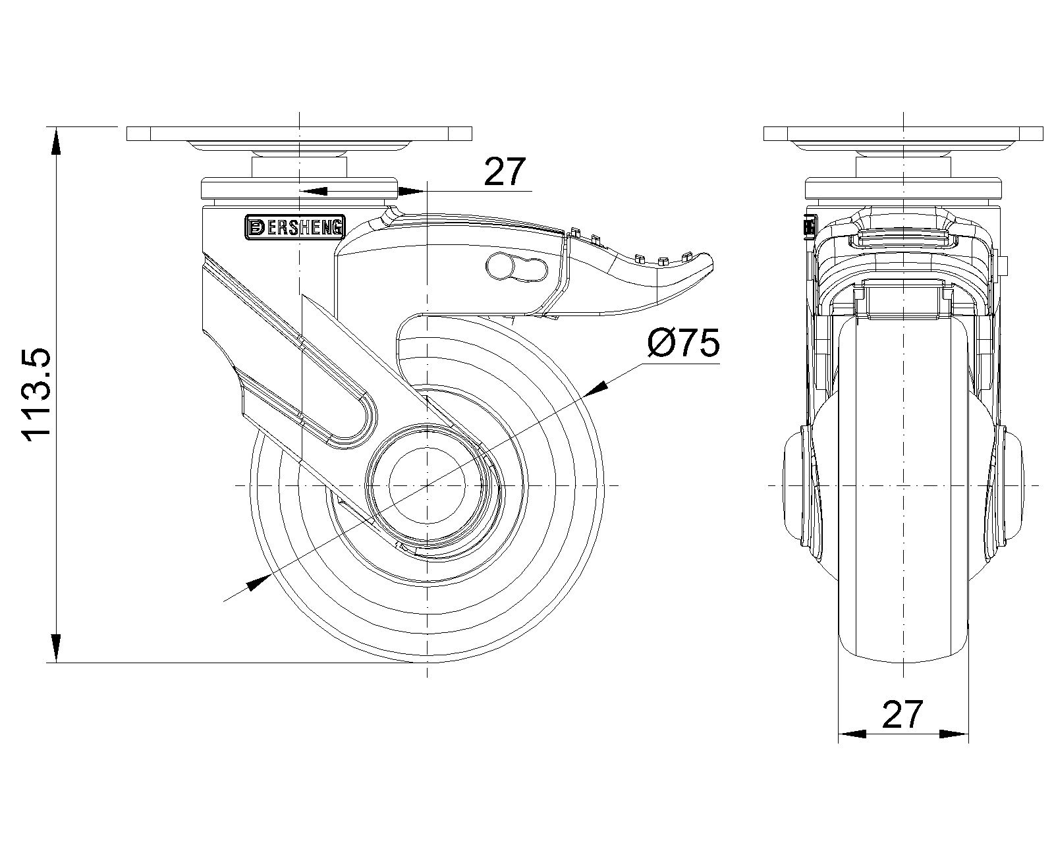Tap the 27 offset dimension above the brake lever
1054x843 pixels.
(505, 173)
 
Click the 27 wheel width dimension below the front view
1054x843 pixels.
(902, 715)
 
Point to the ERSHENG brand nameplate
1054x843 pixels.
(294, 227)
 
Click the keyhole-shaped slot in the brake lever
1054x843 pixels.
(517, 267)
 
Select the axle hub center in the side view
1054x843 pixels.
(428, 485)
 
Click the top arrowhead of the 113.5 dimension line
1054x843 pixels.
(57, 142)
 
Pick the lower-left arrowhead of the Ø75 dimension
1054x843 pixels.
(259, 582)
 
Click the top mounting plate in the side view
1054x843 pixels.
(299, 133)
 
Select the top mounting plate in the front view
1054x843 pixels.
(903, 133)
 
